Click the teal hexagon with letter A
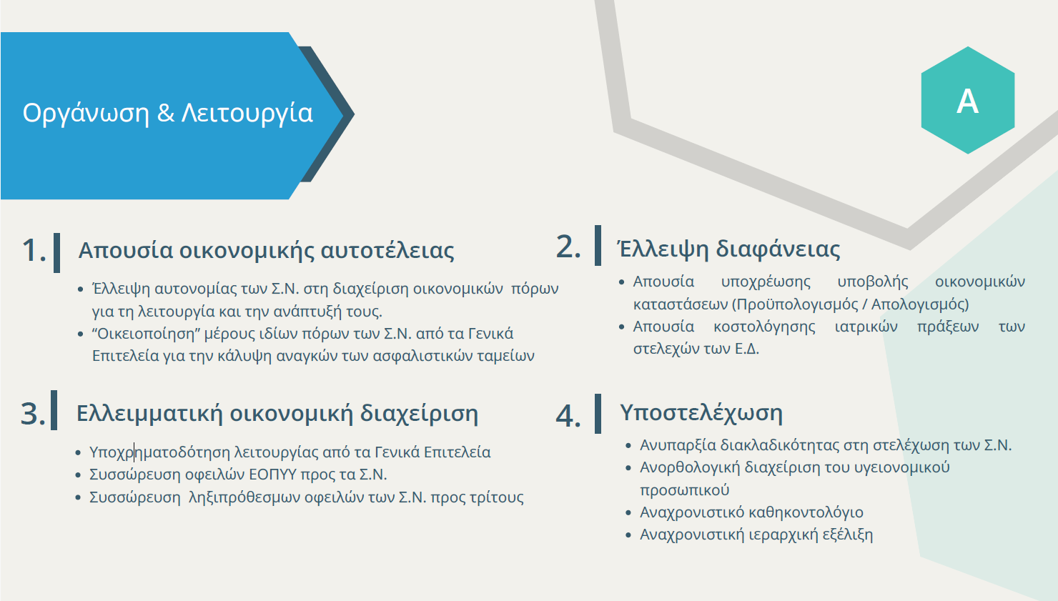968,100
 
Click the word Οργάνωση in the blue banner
86,114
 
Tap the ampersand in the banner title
165,112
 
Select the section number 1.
34,250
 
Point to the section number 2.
568,247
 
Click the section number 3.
33,414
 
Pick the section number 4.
568,416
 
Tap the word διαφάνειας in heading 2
778,249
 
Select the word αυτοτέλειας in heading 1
387,250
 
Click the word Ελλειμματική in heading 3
149,414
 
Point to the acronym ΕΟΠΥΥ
272,475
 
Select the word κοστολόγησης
764,327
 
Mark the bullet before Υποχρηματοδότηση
79,453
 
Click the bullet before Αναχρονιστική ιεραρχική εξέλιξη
628,535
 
